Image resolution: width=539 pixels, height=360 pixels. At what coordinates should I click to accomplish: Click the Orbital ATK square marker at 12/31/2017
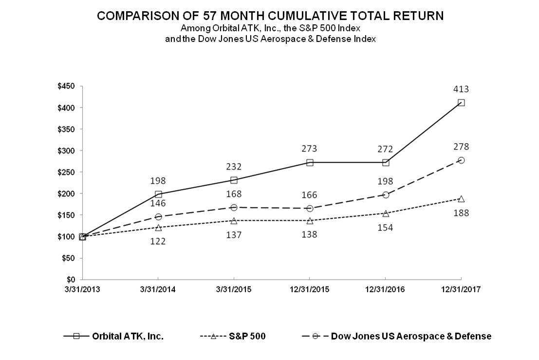tap(461, 103)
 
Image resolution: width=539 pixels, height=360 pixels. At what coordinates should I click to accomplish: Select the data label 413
tap(461, 89)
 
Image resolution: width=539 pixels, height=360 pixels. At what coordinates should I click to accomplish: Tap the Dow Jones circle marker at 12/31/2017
tap(461, 160)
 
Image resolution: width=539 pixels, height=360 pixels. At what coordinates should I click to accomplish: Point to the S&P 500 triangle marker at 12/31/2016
tap(386, 213)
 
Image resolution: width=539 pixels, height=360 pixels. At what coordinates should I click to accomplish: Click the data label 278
tap(461, 147)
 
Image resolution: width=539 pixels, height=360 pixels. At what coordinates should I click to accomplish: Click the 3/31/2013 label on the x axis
tap(82, 289)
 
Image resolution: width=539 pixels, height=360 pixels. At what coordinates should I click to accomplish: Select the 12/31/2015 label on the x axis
tap(310, 289)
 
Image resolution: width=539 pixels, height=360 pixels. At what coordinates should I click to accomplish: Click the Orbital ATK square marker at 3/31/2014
tap(158, 194)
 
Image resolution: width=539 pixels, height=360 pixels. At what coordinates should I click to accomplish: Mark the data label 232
tap(234, 166)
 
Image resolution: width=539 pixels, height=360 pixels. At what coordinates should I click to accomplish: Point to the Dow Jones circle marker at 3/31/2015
tap(234, 208)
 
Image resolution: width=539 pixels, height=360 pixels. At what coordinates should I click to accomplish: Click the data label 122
tap(158, 241)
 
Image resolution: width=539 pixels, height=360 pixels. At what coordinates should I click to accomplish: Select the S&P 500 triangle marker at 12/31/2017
tap(461, 199)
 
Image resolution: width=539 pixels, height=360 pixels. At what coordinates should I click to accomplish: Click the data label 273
tap(310, 149)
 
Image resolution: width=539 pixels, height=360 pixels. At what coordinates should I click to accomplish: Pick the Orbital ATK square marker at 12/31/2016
tap(386, 162)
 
